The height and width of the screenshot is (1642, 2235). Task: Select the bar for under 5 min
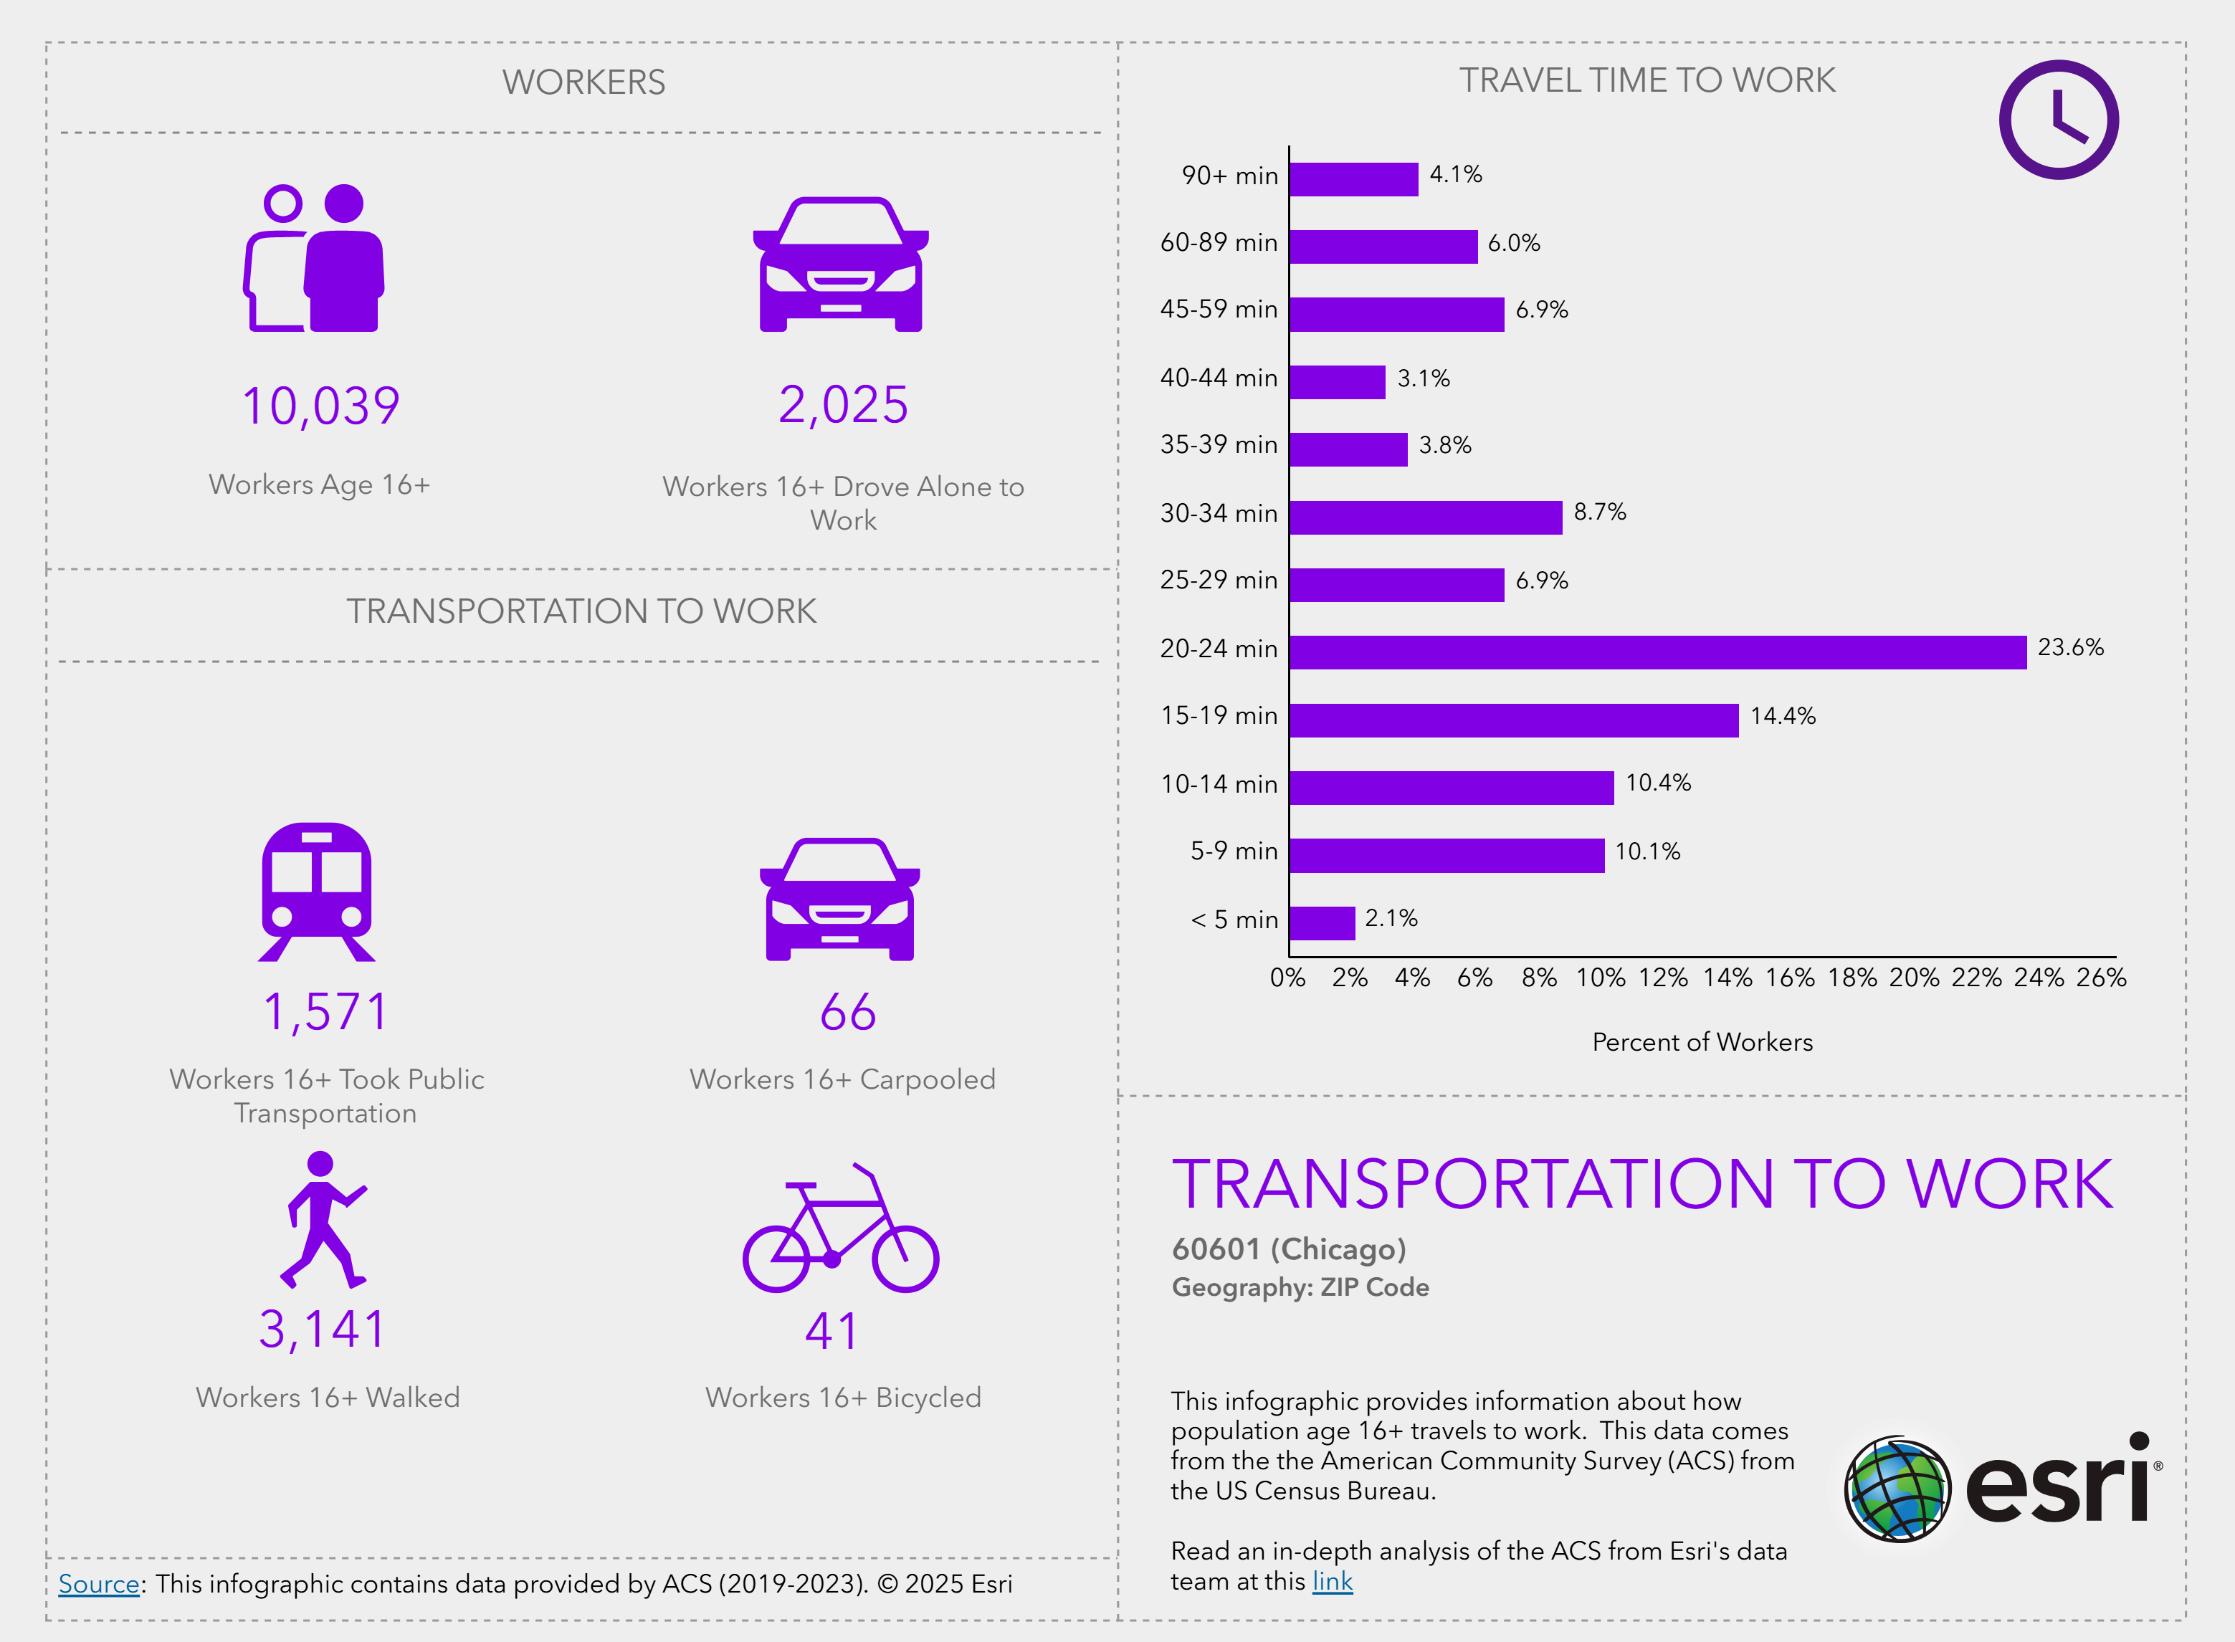(x=1322, y=922)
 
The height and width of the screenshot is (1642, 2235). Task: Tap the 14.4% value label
(x=1782, y=715)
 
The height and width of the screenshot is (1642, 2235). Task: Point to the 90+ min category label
(x=1229, y=176)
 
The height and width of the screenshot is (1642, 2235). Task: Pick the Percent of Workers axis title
(x=1702, y=1041)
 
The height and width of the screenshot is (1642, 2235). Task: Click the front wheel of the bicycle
(x=905, y=1259)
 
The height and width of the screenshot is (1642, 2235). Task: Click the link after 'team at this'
(x=1332, y=1581)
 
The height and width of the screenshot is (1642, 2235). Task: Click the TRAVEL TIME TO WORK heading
(x=1646, y=80)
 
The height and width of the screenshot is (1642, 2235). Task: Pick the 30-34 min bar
(x=1425, y=517)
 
